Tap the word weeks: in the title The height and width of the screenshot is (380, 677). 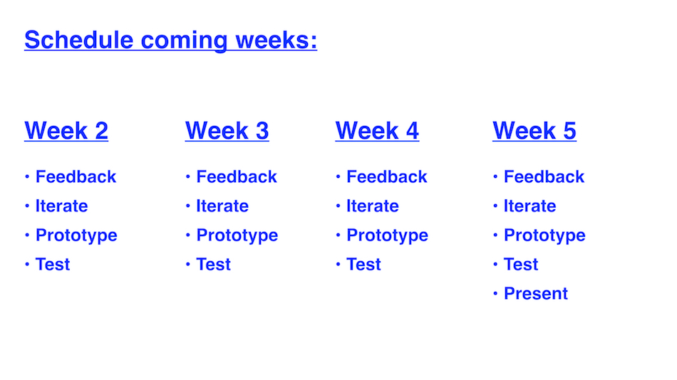[277, 40]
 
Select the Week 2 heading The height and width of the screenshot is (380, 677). [66, 130]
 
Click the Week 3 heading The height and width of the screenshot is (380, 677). [227, 130]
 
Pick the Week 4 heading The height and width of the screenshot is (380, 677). [377, 130]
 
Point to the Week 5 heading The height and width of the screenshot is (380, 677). [534, 130]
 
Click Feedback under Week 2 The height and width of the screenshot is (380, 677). [76, 176]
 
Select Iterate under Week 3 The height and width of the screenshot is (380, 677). [222, 206]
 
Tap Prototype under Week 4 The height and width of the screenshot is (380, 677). [387, 236]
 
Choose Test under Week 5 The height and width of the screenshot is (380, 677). [521, 265]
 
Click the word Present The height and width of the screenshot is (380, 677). [536, 294]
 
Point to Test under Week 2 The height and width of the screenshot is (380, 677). [53, 265]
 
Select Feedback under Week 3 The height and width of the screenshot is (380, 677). [237, 176]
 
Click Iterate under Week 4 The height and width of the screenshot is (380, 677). [373, 206]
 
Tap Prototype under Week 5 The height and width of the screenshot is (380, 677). [544, 236]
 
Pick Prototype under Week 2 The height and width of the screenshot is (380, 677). [76, 236]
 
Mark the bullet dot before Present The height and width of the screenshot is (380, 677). [495, 294]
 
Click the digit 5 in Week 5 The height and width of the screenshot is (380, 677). [569, 130]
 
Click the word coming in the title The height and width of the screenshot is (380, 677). [185, 41]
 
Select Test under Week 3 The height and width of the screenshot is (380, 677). [214, 265]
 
